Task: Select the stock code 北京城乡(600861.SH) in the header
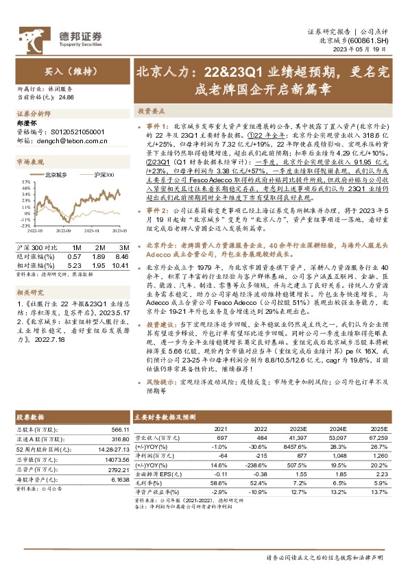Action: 359,41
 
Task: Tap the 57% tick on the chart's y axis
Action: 25,181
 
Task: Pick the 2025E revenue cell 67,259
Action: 380,437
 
